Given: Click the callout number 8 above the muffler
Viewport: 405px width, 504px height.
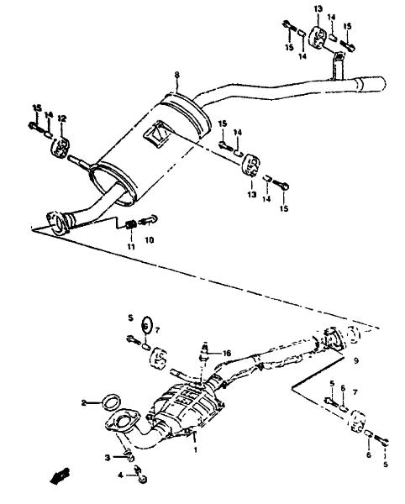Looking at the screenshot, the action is (x=176, y=75).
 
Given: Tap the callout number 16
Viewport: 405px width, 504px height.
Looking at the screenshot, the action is (x=227, y=354).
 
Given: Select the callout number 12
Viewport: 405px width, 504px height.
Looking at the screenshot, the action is (x=61, y=118).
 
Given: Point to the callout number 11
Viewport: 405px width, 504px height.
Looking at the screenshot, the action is (x=131, y=247).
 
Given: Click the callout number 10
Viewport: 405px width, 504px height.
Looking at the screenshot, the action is (x=150, y=239).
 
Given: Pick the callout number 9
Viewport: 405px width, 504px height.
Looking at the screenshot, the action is (x=355, y=360).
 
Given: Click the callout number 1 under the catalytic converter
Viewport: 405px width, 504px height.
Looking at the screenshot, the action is (x=195, y=450).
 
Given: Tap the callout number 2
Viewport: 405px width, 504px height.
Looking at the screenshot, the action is (x=84, y=402).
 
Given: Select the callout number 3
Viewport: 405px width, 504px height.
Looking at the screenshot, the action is (x=108, y=458).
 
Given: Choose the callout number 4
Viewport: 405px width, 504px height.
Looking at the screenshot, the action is (x=120, y=475).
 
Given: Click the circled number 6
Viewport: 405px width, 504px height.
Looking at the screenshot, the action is (x=146, y=326).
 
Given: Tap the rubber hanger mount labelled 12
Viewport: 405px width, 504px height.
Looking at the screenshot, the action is (x=60, y=148).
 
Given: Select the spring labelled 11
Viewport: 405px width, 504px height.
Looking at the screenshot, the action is (x=131, y=224).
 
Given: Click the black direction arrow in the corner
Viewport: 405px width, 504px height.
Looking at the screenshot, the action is (x=60, y=475).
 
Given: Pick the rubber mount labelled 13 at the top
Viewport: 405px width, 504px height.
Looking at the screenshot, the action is (x=318, y=38).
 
